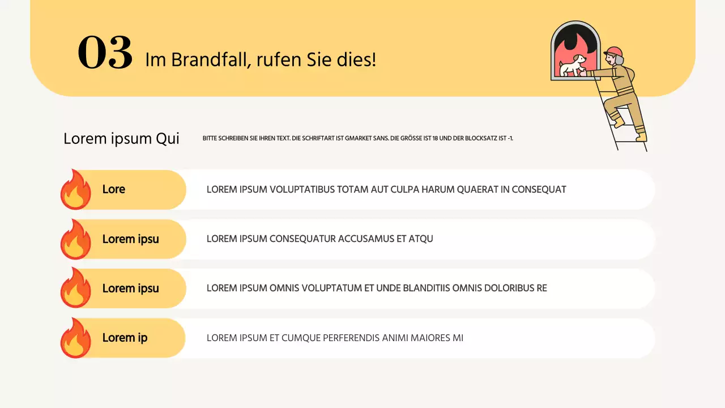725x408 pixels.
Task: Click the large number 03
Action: point(105,53)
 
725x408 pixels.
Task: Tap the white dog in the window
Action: point(573,65)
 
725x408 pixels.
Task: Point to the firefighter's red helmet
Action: point(614,53)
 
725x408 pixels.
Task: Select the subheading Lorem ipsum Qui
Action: point(121,138)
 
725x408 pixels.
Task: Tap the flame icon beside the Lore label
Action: point(76,190)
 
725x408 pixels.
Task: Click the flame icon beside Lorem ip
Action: point(76,338)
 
